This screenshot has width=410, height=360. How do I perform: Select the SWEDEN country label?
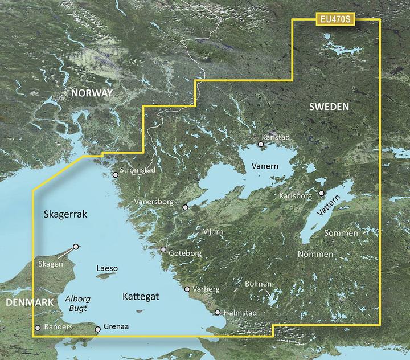coord(330,107)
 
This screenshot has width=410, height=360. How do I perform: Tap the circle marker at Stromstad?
coord(116,175)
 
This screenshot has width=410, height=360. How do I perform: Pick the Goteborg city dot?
coord(163,249)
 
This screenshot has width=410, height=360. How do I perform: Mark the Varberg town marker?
coord(187,289)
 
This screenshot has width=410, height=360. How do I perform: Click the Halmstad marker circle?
coord(218,312)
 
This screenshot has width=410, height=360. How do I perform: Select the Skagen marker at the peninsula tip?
coord(76,247)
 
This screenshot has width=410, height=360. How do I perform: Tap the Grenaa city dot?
coord(98,329)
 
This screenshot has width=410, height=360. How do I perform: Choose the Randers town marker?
coord(38,328)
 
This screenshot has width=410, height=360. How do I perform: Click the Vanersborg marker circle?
coord(185,207)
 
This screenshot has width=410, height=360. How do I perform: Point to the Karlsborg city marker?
coord(321,193)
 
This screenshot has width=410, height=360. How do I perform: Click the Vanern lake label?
coord(265,166)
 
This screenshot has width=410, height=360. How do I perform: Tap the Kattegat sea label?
coord(140,297)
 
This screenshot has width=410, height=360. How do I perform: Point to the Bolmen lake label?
coord(258,284)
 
